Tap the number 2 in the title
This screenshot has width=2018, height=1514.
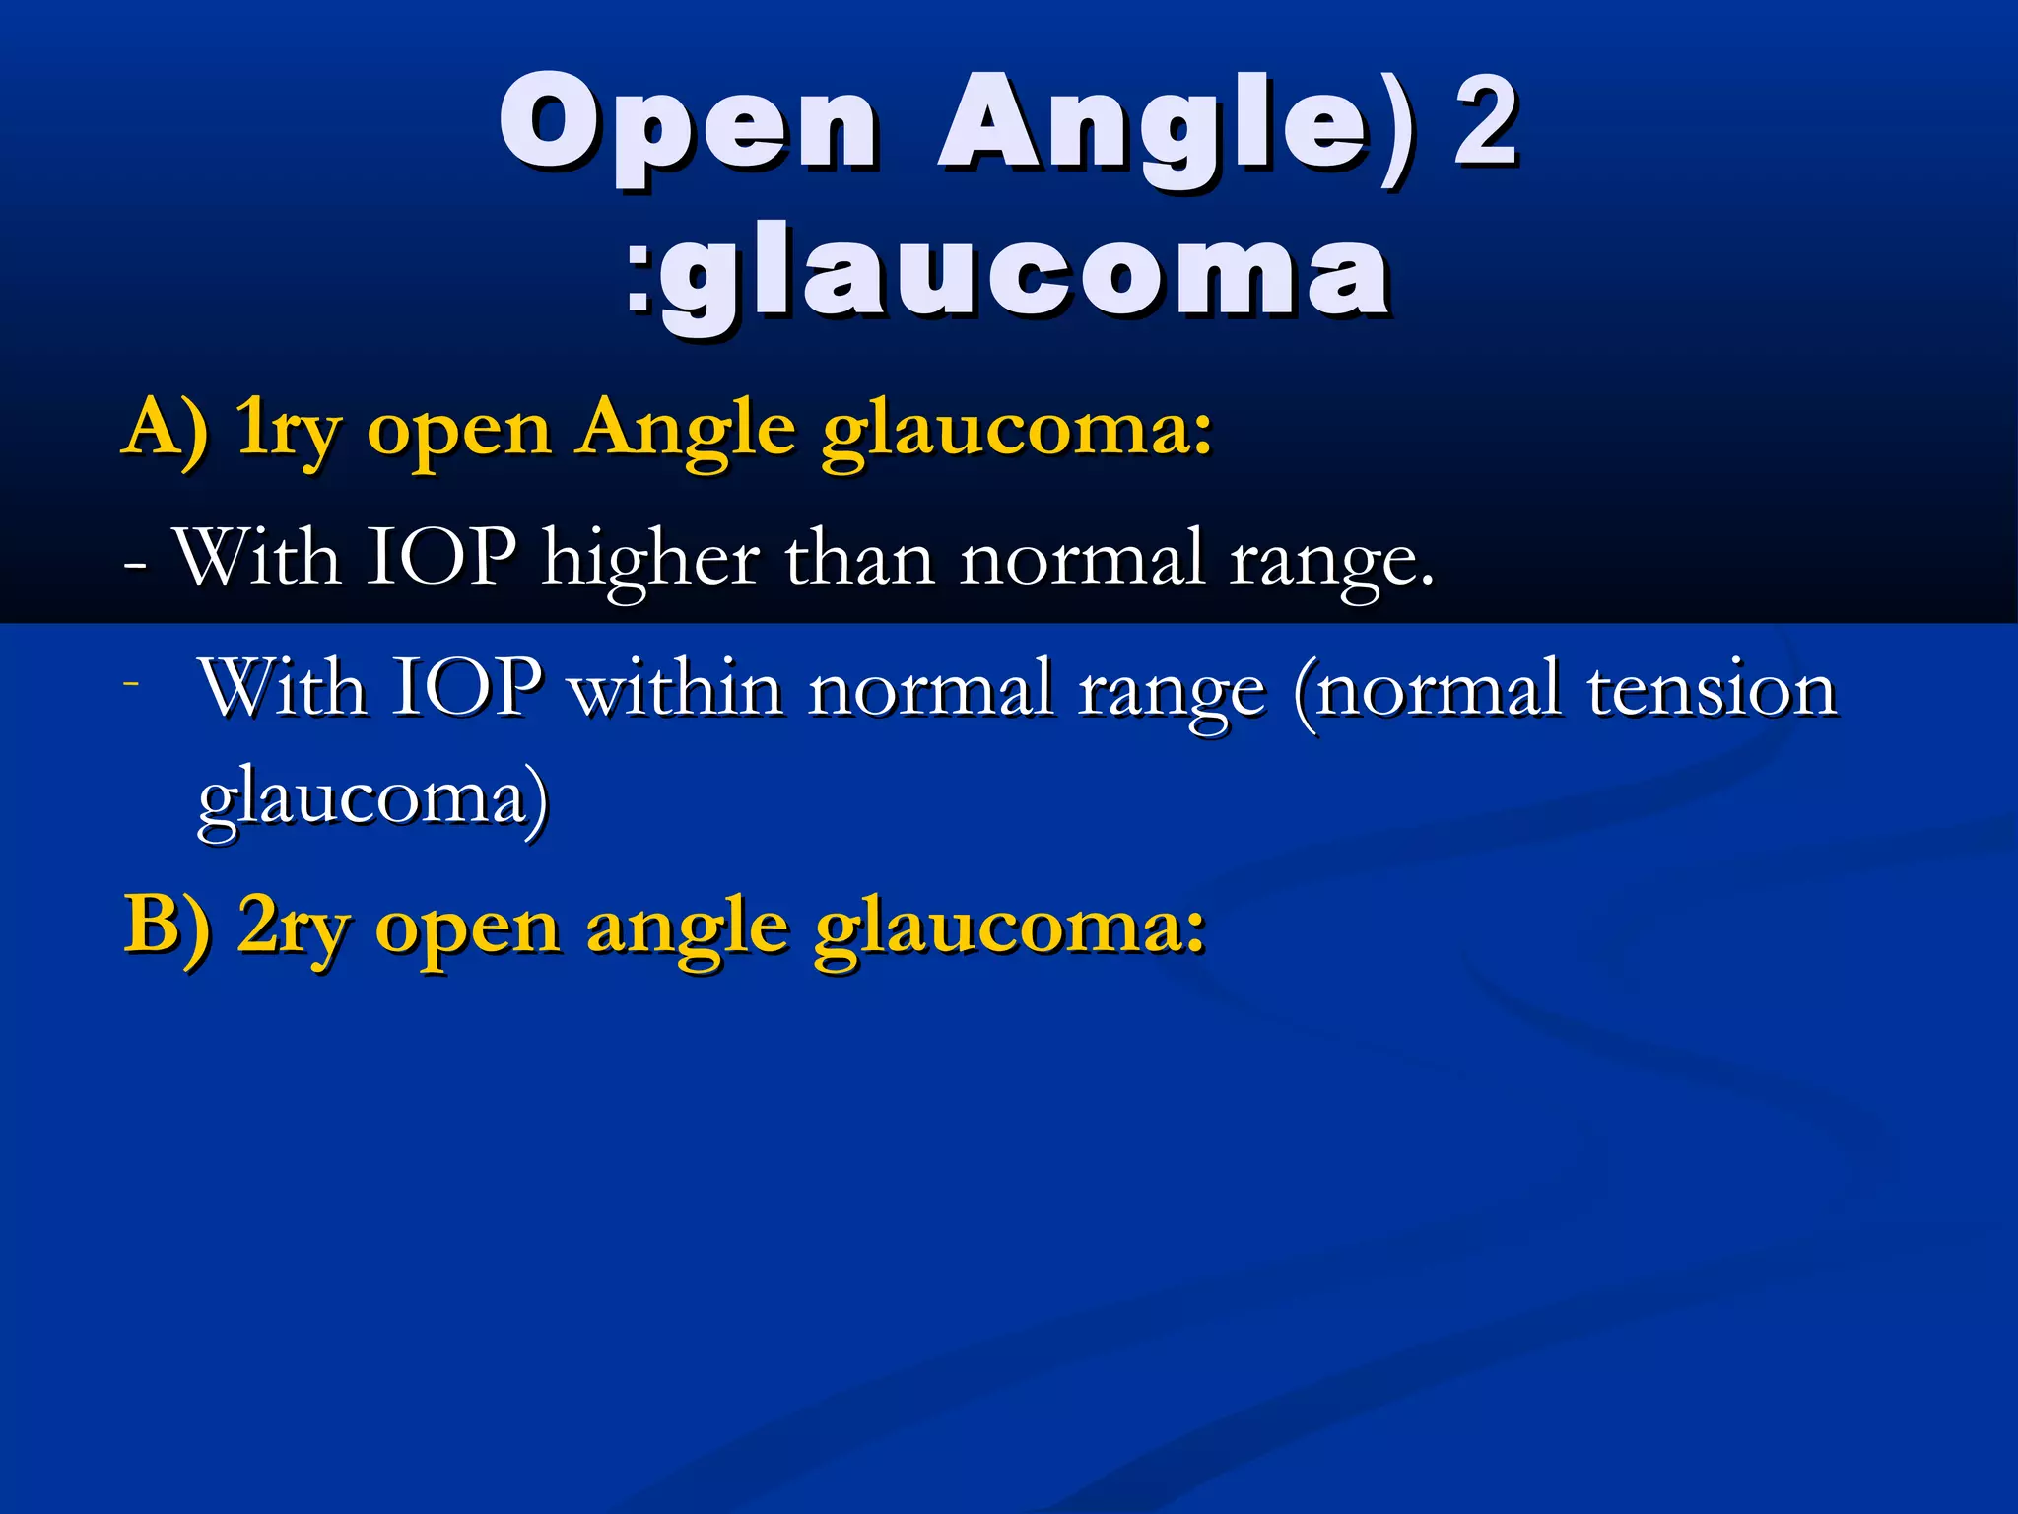pos(1486,123)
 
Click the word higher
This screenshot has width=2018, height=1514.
pos(651,560)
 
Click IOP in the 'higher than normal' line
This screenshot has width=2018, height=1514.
pos(441,558)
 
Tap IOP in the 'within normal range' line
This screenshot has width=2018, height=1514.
pos(467,687)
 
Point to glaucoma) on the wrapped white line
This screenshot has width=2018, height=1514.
pos(373,799)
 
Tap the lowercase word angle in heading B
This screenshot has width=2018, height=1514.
pos(687,930)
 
